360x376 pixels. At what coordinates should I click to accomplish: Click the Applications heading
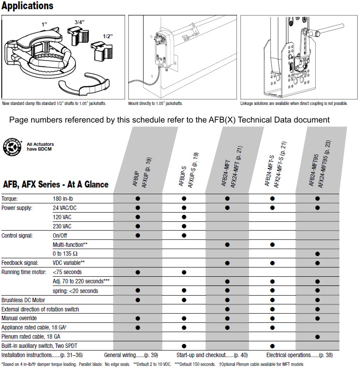coord(28,6)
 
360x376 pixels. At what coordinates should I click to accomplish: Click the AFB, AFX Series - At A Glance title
coord(56,184)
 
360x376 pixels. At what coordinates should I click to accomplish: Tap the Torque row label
coord(9,199)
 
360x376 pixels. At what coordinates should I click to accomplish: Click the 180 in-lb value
coord(64,199)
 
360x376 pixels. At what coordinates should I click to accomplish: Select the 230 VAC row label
coord(62,226)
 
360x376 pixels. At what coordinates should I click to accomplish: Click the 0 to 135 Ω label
coord(68,254)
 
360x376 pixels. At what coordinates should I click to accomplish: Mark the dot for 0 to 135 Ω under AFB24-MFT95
coord(317,254)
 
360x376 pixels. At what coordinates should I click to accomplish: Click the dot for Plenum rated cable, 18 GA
coord(317,336)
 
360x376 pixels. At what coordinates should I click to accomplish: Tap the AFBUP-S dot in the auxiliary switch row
coord(184,346)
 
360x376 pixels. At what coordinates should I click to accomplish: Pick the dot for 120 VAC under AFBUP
coord(138,217)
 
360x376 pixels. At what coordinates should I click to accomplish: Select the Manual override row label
coord(19,318)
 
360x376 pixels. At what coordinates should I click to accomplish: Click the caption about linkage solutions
coord(294,104)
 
